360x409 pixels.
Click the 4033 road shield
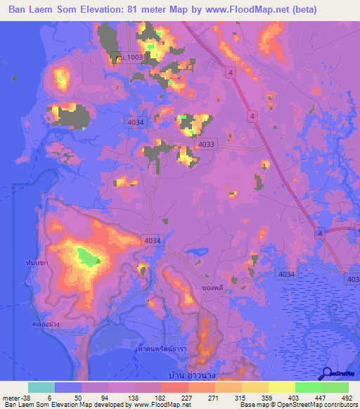[206, 144]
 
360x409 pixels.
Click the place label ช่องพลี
[212, 287]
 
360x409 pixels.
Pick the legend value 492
[346, 396]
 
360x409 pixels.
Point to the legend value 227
[160, 396]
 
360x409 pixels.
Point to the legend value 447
[314, 396]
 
